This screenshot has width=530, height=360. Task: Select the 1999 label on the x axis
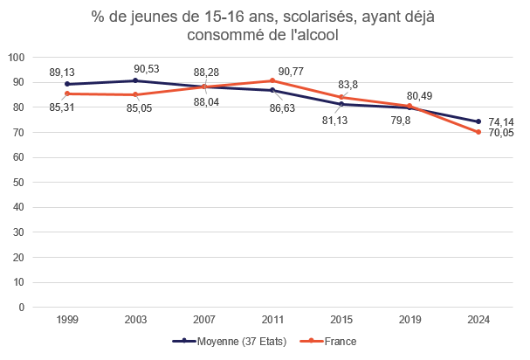click(x=66, y=319)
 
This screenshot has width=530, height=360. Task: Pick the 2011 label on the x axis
click(x=272, y=319)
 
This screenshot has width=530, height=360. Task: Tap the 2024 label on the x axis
click(x=478, y=319)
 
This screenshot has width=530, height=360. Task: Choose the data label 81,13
click(x=335, y=121)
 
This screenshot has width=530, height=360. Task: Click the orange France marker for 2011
click(x=272, y=80)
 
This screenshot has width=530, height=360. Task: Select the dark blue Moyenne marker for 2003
click(x=135, y=80)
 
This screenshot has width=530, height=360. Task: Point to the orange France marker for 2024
click(x=478, y=132)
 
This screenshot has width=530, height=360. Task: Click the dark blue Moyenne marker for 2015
click(x=341, y=104)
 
